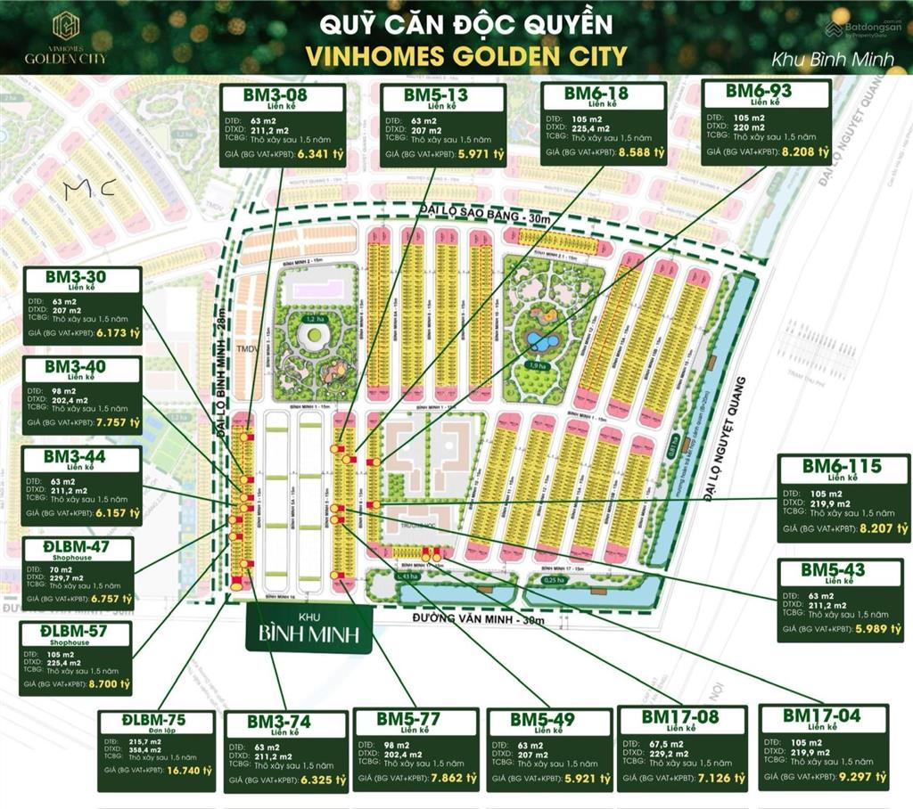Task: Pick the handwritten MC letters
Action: [x=90, y=188]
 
